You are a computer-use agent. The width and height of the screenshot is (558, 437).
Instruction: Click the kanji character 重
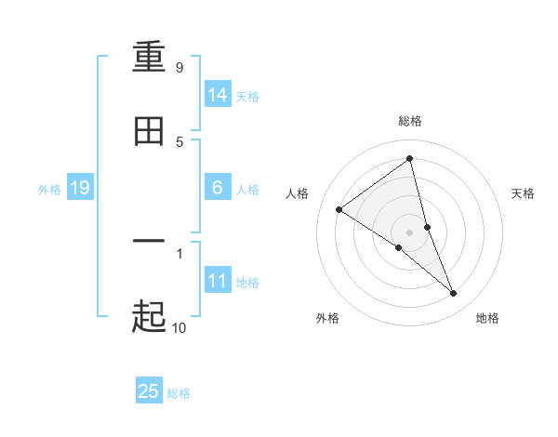(149, 60)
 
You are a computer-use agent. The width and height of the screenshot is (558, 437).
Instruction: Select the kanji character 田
(149, 132)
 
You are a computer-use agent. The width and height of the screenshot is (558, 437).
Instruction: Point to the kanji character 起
(149, 316)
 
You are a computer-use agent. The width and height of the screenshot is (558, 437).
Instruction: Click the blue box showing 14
(218, 95)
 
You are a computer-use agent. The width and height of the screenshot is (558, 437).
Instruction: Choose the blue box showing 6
(218, 188)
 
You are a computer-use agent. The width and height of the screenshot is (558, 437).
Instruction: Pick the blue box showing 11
(218, 281)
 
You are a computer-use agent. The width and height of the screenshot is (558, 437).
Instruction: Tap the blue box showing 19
(79, 189)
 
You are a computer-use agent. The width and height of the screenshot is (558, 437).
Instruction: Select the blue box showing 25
(149, 391)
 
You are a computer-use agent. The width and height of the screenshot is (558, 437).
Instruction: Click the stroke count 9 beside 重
(179, 67)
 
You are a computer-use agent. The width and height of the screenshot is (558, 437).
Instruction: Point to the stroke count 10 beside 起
(179, 326)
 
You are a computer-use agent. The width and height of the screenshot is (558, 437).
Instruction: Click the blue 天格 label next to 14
(247, 97)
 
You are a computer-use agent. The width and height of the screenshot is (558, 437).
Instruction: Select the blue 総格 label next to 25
(179, 393)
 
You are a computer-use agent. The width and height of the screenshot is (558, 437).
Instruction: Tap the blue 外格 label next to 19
(49, 190)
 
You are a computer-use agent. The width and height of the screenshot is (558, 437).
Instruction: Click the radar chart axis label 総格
(410, 121)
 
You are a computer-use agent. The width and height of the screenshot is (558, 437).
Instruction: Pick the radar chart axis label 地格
(487, 318)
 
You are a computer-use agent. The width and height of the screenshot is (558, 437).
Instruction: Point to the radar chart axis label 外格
(327, 318)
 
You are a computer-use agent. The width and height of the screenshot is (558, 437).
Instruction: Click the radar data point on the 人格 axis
(339, 209)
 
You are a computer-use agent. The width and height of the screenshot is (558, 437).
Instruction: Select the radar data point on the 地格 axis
(454, 293)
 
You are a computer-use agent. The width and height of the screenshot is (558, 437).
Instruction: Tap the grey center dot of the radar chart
(410, 232)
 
